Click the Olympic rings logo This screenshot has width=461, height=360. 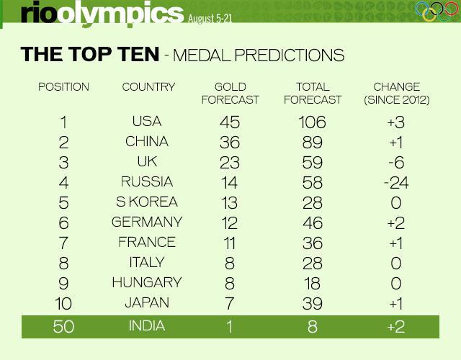(437, 12)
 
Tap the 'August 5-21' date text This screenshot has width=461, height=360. (210, 19)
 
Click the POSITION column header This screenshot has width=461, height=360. (63, 86)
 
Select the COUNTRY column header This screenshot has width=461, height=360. (148, 86)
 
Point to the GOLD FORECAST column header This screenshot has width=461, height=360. (230, 93)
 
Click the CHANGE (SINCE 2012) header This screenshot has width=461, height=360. (397, 93)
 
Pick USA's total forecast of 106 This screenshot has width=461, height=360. (312, 122)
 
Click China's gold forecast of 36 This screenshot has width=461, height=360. (230, 143)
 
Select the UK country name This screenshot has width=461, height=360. (147, 161)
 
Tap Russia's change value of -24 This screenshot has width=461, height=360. (396, 182)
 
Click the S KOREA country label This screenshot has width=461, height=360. (147, 202)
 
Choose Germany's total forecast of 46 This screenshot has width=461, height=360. (313, 222)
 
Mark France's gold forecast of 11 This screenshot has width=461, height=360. (230, 243)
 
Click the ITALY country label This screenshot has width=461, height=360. (147, 262)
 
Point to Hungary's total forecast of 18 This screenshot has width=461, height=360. (312, 283)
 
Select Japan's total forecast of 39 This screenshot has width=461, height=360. (313, 303)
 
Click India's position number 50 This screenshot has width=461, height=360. (63, 326)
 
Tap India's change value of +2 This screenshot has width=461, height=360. (396, 326)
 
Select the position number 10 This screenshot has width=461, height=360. (63, 303)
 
